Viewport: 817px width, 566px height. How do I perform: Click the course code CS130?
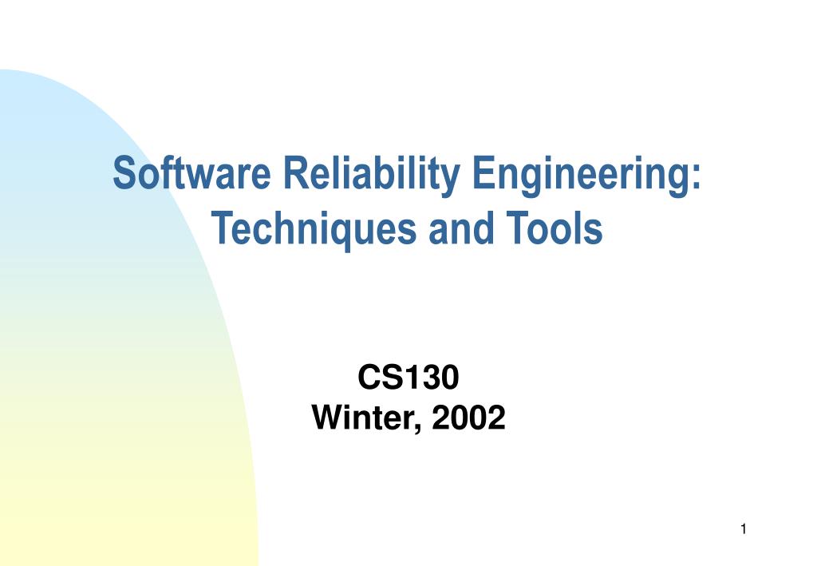click(408, 378)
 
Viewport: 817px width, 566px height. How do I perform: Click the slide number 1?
click(743, 528)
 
